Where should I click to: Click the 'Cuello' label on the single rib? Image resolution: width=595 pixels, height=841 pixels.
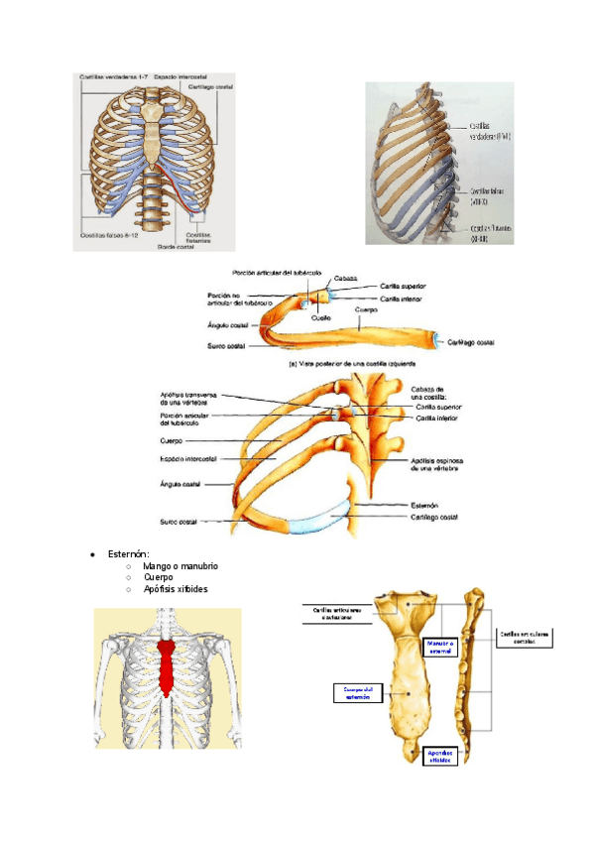pyautogui.click(x=320, y=316)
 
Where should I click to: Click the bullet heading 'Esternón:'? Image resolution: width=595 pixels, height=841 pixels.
pyautogui.click(x=128, y=552)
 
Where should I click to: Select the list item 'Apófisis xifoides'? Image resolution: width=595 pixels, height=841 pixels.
pyautogui.click(x=176, y=589)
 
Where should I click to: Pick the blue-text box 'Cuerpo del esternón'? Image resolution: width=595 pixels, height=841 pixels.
pyautogui.click(x=355, y=692)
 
